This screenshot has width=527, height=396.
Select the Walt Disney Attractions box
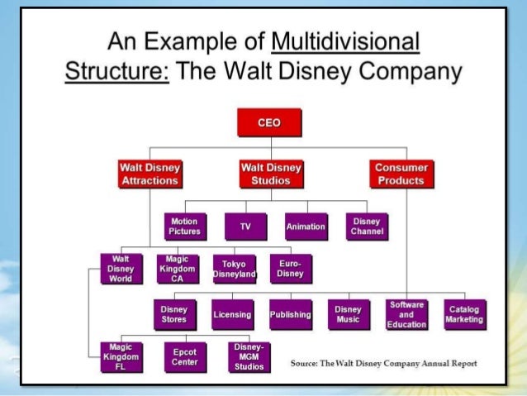click(x=150, y=174)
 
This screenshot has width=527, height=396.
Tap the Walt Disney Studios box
click(x=270, y=174)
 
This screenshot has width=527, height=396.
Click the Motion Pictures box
click(x=184, y=226)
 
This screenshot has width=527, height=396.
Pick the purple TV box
click(x=245, y=226)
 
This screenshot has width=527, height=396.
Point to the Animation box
click(x=306, y=226)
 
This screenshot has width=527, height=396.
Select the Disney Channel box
click(x=366, y=226)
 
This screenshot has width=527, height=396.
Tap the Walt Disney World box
click(x=120, y=269)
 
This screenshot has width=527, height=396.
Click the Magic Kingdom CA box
click(x=177, y=269)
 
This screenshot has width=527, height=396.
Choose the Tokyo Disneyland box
click(x=234, y=270)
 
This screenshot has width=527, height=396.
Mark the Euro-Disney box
click(x=291, y=269)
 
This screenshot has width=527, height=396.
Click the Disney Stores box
click(x=174, y=315)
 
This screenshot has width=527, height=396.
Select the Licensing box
click(x=232, y=315)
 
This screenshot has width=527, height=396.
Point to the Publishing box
click(x=290, y=315)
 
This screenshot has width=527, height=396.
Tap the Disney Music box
click(x=348, y=315)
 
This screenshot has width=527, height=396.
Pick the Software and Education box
click(x=406, y=315)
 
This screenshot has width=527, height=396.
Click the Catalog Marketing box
click(x=463, y=315)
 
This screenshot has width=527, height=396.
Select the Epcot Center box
click(x=184, y=356)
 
